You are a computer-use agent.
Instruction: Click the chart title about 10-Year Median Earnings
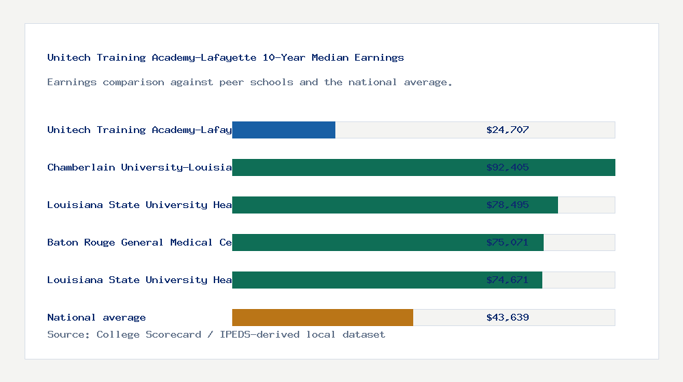(x=225, y=58)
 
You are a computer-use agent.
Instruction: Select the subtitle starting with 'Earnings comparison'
(x=249, y=83)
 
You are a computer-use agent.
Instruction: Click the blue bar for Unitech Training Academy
(x=283, y=130)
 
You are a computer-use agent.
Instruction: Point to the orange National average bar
(x=322, y=317)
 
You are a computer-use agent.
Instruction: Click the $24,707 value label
(x=507, y=130)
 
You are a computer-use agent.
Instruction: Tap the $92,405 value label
(x=507, y=167)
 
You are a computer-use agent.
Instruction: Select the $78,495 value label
(x=507, y=205)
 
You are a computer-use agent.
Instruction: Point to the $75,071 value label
(x=507, y=242)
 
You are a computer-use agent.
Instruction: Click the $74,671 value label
(x=507, y=280)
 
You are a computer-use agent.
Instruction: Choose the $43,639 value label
(x=507, y=317)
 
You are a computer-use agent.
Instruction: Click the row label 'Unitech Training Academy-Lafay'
(x=139, y=130)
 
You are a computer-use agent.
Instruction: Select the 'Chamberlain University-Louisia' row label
(x=139, y=167)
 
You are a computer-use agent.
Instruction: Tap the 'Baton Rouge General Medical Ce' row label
(x=139, y=242)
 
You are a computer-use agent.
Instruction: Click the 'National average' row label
(x=96, y=317)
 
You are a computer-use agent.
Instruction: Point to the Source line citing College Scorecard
(x=216, y=334)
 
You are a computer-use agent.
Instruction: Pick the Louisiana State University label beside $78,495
(x=139, y=205)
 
